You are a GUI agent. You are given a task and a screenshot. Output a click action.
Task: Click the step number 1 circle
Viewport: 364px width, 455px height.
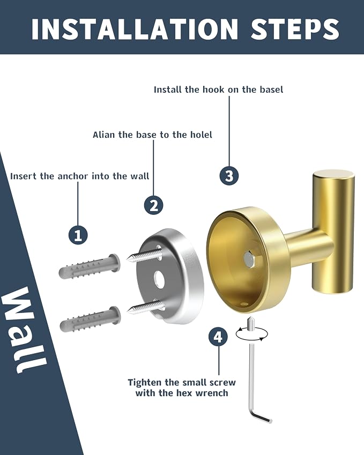(78, 235)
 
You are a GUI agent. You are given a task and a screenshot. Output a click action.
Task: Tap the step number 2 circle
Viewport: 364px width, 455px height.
(153, 205)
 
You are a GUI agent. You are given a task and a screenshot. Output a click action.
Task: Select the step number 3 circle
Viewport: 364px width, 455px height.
(229, 176)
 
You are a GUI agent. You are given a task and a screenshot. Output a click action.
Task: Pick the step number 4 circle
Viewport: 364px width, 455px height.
(218, 337)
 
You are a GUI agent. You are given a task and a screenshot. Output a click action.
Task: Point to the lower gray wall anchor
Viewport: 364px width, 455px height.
(90, 319)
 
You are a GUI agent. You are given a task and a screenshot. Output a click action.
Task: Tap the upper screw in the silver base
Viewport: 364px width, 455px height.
(144, 255)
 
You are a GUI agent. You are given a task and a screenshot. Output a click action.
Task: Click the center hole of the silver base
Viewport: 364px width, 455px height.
(159, 278)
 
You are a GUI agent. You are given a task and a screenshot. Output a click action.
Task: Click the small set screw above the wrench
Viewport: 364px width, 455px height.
(250, 324)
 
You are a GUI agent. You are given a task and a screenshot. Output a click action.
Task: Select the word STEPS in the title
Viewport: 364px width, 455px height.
(295, 28)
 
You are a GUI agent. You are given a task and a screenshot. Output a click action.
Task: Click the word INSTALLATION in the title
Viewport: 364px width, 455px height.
(135, 28)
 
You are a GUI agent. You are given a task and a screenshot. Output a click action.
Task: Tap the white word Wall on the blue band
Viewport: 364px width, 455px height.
(25, 330)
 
